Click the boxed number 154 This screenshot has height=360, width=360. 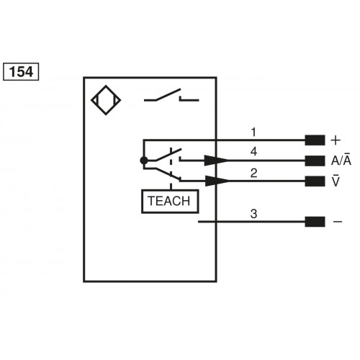point(21,72)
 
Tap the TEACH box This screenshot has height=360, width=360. point(169,202)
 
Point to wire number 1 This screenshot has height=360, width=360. point(253,132)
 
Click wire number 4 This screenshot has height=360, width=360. point(253,152)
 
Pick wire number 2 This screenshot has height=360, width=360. point(253,172)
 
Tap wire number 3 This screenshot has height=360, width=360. point(253,213)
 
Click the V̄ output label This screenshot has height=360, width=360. point(336,181)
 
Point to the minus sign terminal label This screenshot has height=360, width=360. point(337,222)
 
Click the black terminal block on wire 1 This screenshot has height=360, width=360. point(314,140)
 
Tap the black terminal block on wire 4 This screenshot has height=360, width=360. point(314,161)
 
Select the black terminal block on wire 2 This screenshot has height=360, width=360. point(314,181)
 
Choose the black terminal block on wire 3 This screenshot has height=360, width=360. point(314,222)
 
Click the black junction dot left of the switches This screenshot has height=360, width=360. point(144,161)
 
